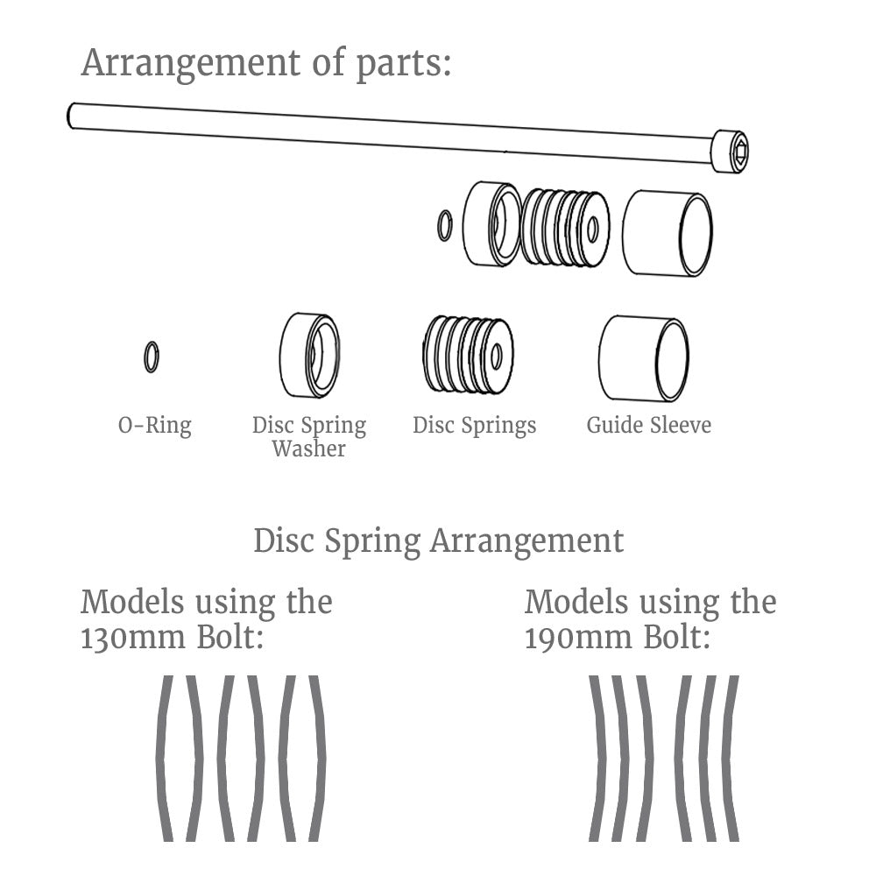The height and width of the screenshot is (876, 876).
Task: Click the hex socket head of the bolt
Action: point(732,151)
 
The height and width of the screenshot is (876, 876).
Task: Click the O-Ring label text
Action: point(154,426)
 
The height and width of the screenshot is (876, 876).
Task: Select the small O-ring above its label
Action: point(152,357)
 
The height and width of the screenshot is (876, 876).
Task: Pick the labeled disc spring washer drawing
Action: point(309,354)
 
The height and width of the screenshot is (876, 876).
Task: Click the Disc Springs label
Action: point(474,426)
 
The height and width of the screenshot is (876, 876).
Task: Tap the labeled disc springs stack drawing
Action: point(468,354)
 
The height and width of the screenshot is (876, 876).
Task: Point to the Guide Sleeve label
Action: point(648,426)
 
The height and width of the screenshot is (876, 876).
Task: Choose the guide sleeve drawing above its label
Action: point(644,357)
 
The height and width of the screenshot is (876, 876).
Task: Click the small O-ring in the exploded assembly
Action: point(444,225)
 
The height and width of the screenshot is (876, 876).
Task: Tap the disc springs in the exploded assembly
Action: point(565,228)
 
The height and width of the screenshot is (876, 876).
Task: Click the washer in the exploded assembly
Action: point(492,223)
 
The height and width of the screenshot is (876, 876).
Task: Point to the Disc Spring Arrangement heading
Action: point(438,540)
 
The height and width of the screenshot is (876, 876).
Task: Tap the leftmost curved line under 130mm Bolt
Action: point(163,758)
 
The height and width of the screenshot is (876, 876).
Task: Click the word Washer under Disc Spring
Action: point(308,449)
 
